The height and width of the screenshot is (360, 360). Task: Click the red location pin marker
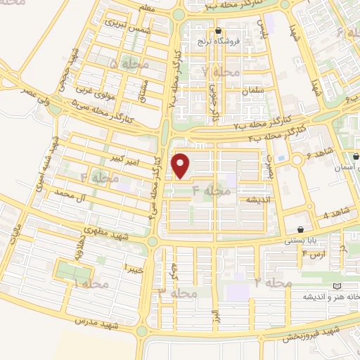coord(181,165)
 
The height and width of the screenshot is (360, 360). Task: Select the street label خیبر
coord(134,268)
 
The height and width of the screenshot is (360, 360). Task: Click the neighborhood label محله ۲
coord(273,283)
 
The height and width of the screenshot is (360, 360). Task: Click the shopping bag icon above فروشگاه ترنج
coord(219,30)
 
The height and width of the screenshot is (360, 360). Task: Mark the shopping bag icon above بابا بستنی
coord(301,229)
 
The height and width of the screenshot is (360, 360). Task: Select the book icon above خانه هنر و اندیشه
coord(337,286)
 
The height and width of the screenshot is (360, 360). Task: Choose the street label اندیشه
coord(257,200)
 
